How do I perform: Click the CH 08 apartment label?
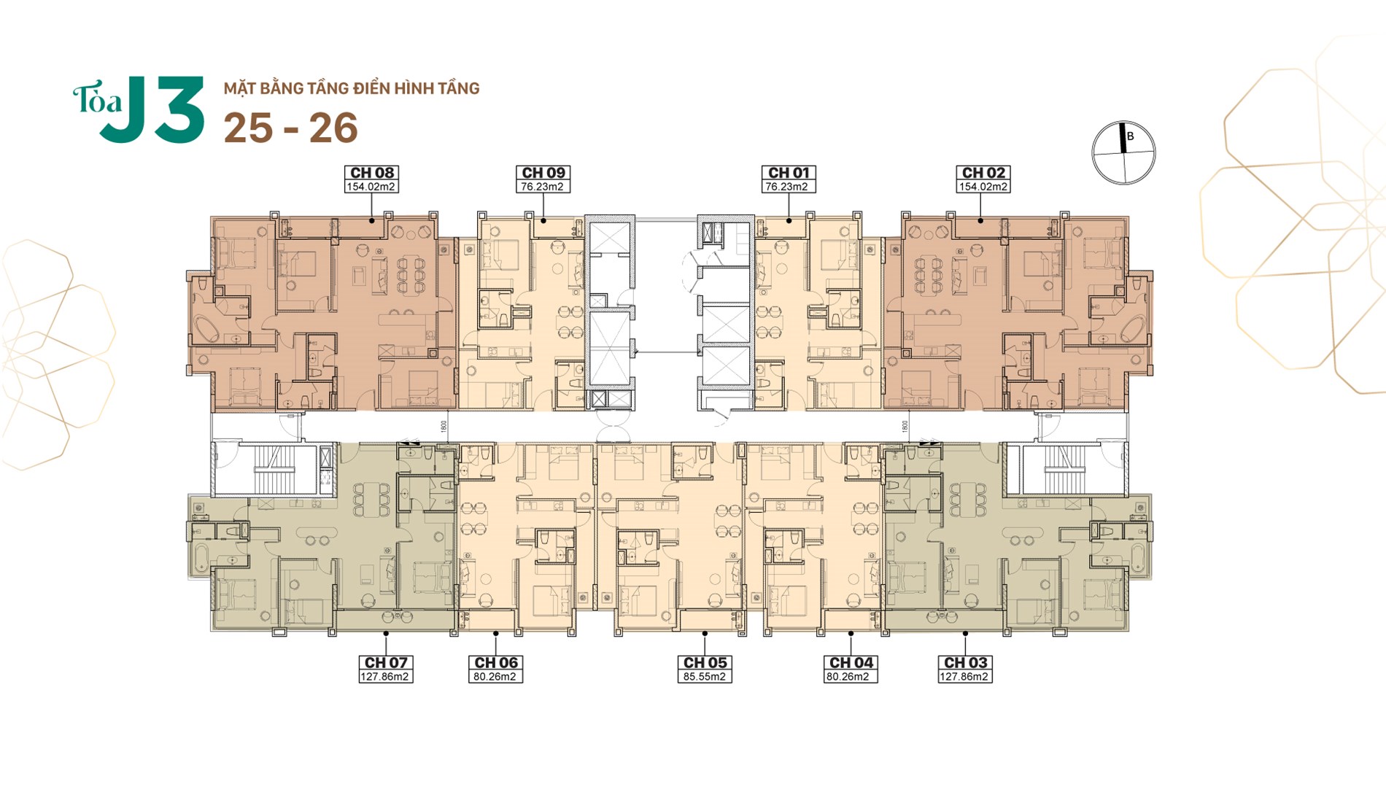click(372, 173)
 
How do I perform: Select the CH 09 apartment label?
click(543, 173)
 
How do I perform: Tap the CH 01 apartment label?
click(789, 173)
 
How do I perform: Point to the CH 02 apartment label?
click(983, 173)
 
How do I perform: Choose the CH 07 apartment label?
click(386, 662)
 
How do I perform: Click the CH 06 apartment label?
click(496, 662)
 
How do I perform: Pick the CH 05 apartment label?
click(705, 662)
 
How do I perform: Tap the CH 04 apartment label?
click(851, 662)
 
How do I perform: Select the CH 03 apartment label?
click(965, 662)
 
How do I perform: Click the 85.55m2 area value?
click(705, 677)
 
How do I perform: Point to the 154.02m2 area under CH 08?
click(371, 187)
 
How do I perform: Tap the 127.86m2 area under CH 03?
click(964, 677)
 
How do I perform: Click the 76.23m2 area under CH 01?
click(786, 187)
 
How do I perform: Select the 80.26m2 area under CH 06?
click(495, 677)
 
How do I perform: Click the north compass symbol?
click(1123, 152)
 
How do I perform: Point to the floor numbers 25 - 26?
click(290, 128)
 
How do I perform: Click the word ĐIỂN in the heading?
click(371, 88)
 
